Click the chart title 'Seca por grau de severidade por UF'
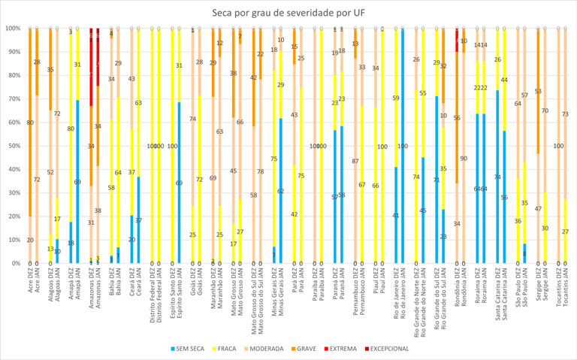288,11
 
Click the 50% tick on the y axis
13,146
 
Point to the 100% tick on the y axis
11,29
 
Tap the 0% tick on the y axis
14,263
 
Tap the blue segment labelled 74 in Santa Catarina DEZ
497,177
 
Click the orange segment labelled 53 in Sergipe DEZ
538,91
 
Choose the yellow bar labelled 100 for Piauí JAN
382,146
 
